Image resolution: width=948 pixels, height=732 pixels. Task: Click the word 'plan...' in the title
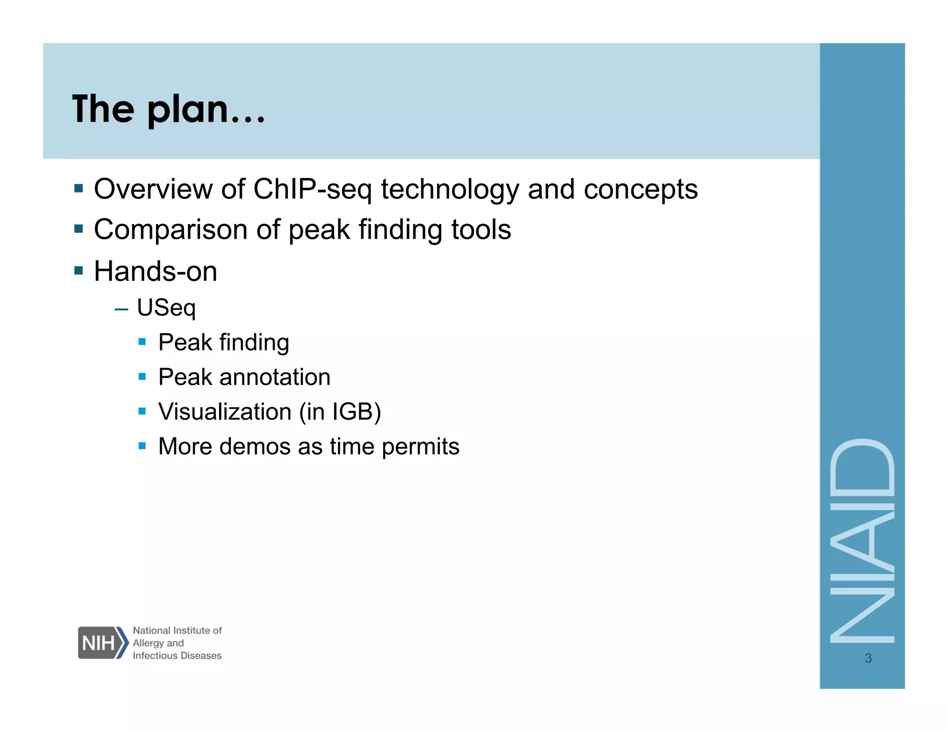tap(206, 110)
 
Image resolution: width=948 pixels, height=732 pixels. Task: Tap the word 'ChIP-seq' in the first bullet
tap(312, 189)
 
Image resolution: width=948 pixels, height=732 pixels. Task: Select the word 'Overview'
tap(153, 189)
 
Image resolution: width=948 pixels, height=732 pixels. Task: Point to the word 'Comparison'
tap(171, 230)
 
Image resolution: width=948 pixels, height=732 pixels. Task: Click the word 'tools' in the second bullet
tap(481, 230)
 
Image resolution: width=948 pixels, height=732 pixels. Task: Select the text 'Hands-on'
tap(156, 271)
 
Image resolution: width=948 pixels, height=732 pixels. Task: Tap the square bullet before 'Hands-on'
tap(79, 270)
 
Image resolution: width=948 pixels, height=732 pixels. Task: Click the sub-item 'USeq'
tap(167, 308)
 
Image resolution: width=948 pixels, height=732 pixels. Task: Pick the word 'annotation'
tap(275, 377)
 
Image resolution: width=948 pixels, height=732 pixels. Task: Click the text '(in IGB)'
tap(340, 411)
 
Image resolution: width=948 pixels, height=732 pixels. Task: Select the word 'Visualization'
tap(225, 411)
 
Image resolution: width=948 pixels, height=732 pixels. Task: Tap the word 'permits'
tap(420, 447)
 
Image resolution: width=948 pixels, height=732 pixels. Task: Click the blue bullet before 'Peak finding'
tap(142, 342)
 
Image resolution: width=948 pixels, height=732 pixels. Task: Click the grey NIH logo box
tap(99, 643)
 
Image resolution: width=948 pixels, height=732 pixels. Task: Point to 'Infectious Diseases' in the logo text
tap(177, 656)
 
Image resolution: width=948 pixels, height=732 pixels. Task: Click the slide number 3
tap(868, 658)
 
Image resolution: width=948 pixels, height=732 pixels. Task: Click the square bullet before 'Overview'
tap(79, 188)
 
